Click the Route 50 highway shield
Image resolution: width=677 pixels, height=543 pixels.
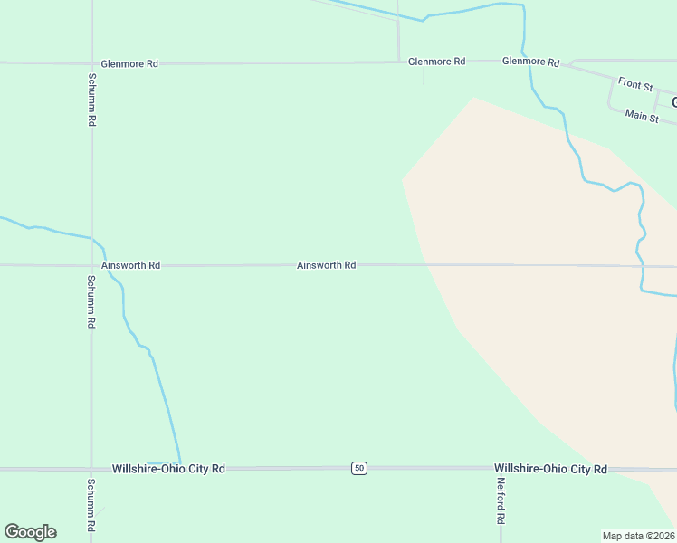tap(360, 468)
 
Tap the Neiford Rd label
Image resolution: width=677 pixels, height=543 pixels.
tap(500, 501)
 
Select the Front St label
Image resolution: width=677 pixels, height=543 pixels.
tap(635, 84)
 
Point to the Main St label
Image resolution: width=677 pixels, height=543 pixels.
tap(642, 116)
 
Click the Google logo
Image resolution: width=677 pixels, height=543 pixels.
tap(30, 532)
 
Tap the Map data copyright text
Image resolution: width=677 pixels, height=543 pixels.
tap(639, 536)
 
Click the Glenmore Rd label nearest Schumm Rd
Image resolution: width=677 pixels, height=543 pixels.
tap(130, 63)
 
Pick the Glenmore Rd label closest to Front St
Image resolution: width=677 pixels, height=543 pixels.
tap(530, 62)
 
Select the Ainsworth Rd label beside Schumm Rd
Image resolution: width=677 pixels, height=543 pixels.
tap(131, 265)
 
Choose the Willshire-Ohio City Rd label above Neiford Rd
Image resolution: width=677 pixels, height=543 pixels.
tap(550, 469)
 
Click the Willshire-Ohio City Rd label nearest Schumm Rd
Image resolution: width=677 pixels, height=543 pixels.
tap(168, 469)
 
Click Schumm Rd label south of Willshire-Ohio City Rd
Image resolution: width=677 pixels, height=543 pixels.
tap(91, 504)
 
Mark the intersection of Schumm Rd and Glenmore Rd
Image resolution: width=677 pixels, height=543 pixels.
tap(91, 63)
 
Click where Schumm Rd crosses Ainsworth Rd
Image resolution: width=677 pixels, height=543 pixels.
tap(91, 265)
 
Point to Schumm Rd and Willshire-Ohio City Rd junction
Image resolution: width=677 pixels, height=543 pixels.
tap(91, 469)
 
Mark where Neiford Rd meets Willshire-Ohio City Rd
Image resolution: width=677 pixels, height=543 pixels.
tap(480, 469)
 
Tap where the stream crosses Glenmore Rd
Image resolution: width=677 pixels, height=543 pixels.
tap(528, 62)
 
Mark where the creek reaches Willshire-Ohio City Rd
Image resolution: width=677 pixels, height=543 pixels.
tap(180, 465)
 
